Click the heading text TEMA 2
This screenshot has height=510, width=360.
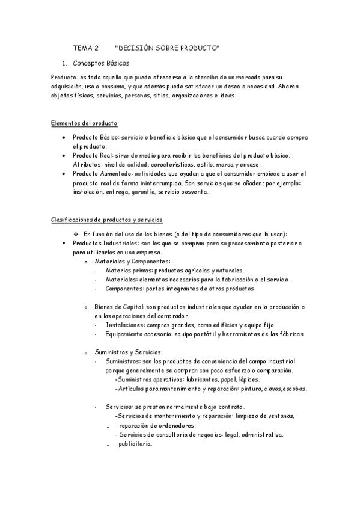pos(85,47)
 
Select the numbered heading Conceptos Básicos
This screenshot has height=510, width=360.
pos(100,63)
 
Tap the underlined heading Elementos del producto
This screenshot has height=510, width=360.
pos(84,123)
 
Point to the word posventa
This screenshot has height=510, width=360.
pos(194,192)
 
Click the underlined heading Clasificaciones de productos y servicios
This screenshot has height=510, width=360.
pos(106,220)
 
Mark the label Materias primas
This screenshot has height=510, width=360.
pos(125,271)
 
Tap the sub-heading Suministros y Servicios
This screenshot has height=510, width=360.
pos(128,352)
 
